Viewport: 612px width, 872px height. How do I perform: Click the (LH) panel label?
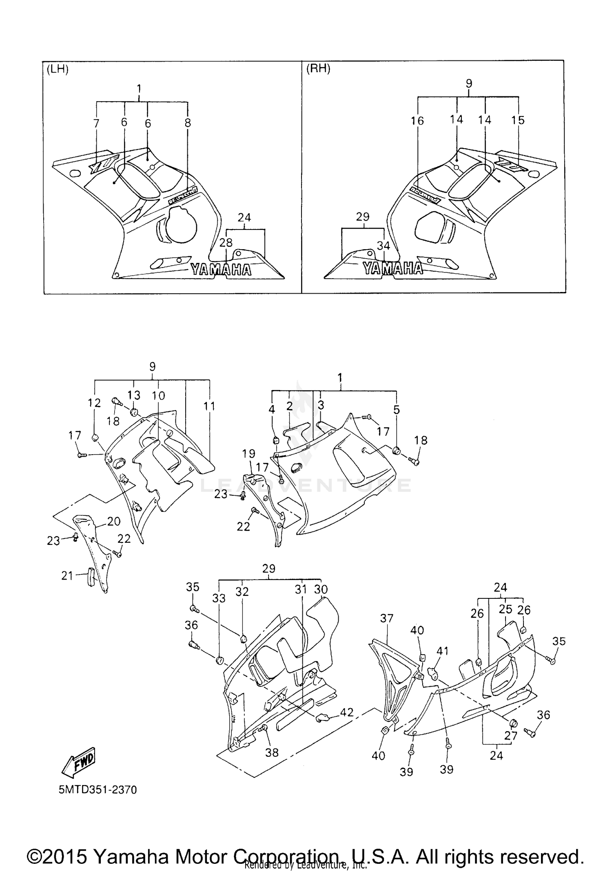[x=58, y=69]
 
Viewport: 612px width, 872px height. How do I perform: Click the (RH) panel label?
[x=318, y=69]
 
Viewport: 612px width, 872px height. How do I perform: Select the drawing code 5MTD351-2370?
[x=98, y=789]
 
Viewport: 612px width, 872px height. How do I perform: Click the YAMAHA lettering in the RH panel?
[x=392, y=268]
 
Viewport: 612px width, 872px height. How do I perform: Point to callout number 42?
[x=346, y=712]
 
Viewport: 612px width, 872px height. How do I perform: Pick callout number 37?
[x=386, y=618]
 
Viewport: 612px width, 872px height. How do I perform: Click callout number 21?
[x=67, y=575]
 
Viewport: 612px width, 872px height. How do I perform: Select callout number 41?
[x=442, y=651]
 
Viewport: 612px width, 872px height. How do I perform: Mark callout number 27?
[x=511, y=735]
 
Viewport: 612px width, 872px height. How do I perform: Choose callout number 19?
[x=248, y=453]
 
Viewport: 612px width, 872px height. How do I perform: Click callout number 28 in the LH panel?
[x=226, y=243]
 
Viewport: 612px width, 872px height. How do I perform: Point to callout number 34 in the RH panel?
[x=383, y=245]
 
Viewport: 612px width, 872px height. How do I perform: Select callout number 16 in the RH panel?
[x=417, y=120]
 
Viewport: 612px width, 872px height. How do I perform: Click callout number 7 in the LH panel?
[x=96, y=123]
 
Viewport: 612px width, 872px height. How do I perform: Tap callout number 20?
[x=114, y=521]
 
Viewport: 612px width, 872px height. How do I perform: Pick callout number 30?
[x=321, y=589]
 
